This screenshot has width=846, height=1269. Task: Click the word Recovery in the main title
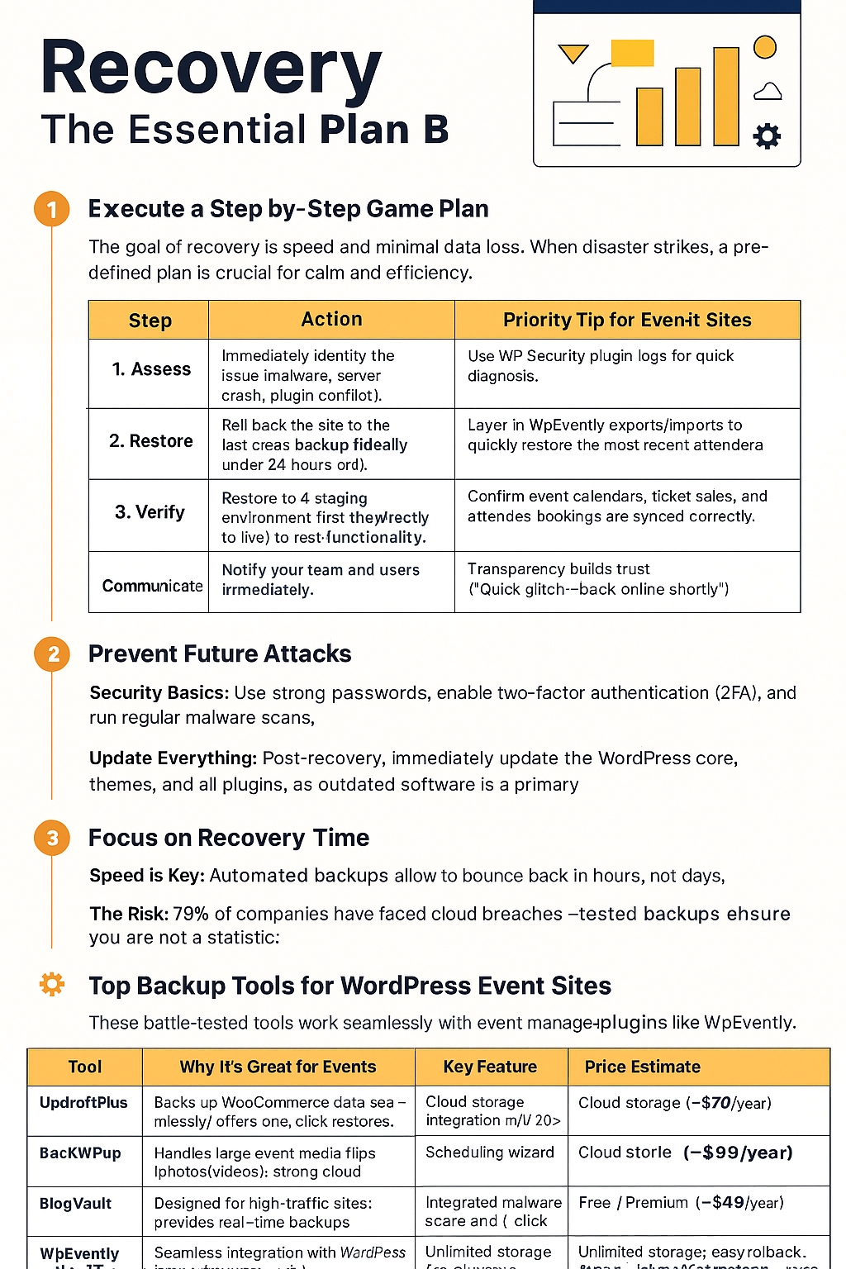(211, 69)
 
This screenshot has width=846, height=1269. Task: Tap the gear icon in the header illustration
(767, 135)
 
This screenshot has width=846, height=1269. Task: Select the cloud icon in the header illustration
(768, 92)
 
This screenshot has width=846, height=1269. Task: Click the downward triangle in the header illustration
(573, 54)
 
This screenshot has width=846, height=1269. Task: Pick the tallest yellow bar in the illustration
(725, 96)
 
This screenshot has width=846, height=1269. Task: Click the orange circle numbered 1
(52, 209)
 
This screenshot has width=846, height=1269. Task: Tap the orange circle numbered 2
(52, 654)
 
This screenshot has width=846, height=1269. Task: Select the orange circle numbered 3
(52, 839)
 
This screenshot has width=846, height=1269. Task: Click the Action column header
(331, 320)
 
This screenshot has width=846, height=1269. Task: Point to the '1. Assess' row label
(151, 369)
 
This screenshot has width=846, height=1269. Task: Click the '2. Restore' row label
(151, 441)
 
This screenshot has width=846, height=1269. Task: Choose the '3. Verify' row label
(150, 512)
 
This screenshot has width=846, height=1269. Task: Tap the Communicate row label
(152, 586)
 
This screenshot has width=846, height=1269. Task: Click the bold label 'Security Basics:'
(159, 692)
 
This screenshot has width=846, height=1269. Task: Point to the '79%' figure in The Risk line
(191, 914)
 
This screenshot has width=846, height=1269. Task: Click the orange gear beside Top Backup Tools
(52, 984)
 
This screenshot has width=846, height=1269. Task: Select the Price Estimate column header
(642, 1067)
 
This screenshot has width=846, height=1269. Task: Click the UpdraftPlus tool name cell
(83, 1103)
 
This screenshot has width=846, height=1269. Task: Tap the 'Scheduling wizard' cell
(489, 1153)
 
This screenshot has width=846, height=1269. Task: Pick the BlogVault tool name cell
(75, 1204)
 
